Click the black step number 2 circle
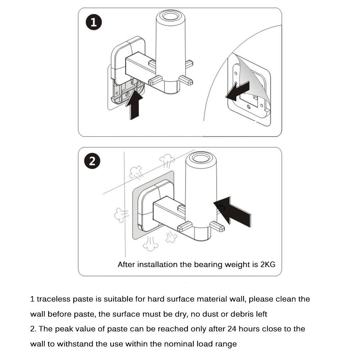[92, 161]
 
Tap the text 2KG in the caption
[268, 265]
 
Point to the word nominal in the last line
[181, 344]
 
